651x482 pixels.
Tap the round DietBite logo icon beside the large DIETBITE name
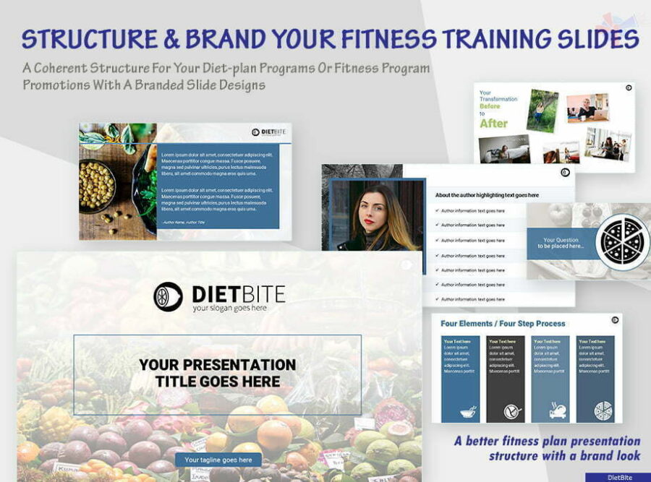(168, 296)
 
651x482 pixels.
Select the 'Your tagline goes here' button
(218, 460)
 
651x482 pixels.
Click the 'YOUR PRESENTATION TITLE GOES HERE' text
(217, 373)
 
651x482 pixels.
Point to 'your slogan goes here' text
(230, 308)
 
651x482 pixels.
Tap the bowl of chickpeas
(96, 186)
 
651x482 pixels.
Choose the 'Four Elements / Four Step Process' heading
(503, 324)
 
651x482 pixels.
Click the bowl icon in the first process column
(468, 412)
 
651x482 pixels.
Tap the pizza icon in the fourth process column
(603, 412)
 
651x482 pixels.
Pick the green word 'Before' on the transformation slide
(490, 106)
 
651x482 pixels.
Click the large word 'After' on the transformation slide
(494, 123)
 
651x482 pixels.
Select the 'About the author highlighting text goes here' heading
(487, 195)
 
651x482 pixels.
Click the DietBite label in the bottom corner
(618, 477)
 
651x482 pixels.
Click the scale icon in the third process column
(558, 412)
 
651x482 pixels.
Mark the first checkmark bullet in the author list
(436, 210)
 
